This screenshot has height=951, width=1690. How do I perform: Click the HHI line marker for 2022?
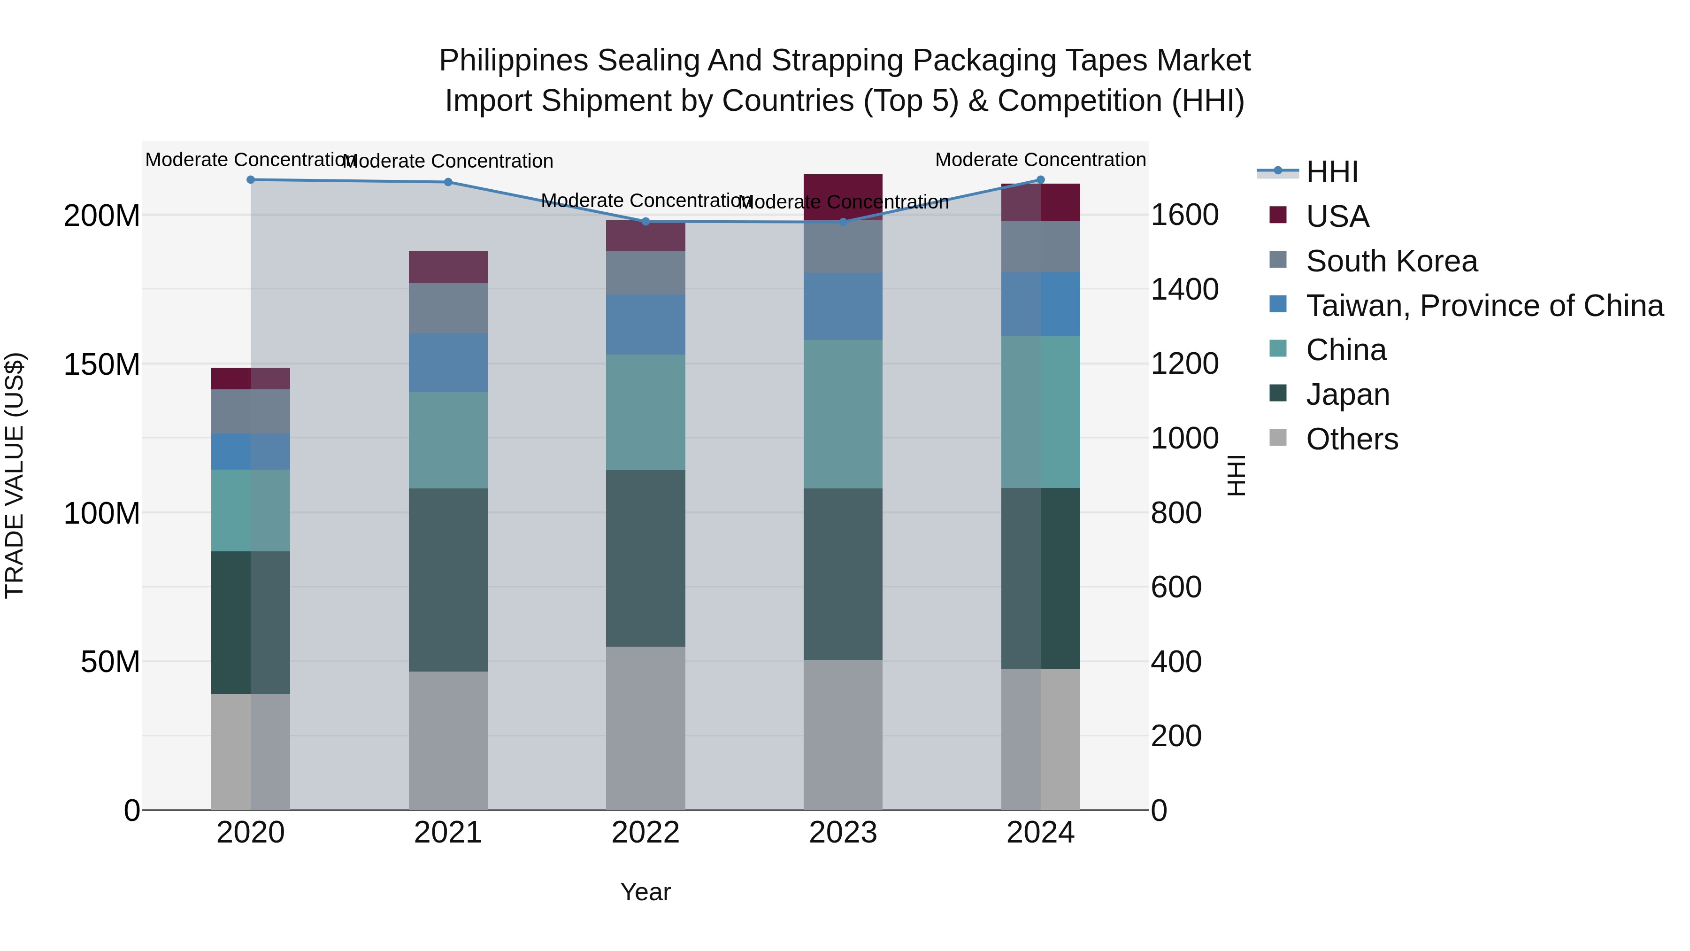(645, 222)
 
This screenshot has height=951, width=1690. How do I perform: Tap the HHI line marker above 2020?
(251, 180)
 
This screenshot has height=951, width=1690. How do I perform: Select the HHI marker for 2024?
(1040, 180)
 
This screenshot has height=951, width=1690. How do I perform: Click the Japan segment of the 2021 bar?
(448, 580)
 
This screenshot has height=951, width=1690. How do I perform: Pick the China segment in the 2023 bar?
(843, 414)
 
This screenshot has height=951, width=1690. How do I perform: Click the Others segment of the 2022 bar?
(645, 728)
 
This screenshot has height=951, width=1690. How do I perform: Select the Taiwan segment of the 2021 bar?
(448, 363)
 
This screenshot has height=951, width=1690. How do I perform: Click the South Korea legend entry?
(1391, 261)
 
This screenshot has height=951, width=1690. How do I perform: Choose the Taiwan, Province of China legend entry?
(1484, 306)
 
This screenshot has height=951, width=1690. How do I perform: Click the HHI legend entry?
(1331, 172)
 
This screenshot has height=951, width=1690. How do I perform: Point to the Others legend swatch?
(1278, 438)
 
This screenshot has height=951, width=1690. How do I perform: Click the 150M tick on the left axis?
(102, 364)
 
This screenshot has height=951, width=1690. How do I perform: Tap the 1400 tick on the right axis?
(1185, 289)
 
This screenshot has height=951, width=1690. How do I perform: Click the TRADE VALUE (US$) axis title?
(15, 475)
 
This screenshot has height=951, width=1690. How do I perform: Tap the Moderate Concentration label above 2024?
(1040, 160)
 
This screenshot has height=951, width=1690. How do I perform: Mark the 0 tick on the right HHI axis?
(1159, 811)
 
